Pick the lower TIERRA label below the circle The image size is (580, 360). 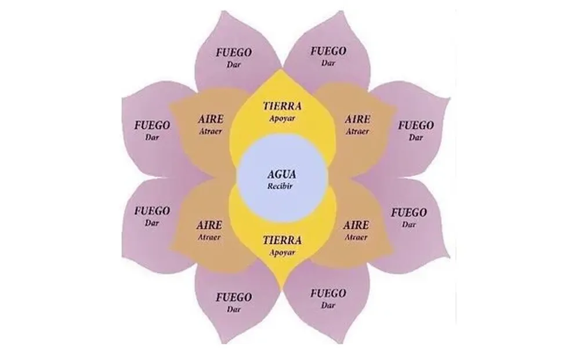[282, 239]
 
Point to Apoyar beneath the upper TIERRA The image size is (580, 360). [282, 118]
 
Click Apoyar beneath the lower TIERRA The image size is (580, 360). [282, 252]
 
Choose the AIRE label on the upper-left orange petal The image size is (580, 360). [209, 119]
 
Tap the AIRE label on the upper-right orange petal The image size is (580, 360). [357, 119]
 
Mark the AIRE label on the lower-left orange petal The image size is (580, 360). [209, 225]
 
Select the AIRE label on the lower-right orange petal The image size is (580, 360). [356, 225]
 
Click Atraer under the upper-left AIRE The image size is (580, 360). [209, 132]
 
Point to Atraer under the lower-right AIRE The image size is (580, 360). [356, 237]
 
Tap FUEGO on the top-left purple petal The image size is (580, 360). [234, 52]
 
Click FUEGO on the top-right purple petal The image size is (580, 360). [328, 51]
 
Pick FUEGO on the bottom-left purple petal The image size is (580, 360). [234, 297]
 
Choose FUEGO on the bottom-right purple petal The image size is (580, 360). [328, 293]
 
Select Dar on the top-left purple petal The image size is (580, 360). [234, 64]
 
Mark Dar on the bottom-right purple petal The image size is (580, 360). [328, 306]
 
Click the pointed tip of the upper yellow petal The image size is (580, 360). [281, 69]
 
